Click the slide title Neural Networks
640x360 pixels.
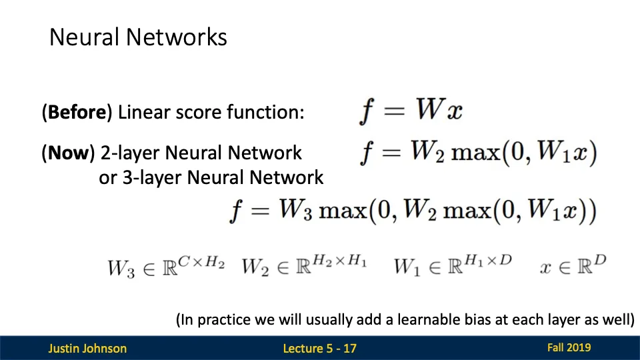(138, 37)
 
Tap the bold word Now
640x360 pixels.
(68, 153)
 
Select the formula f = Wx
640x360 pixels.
(411, 111)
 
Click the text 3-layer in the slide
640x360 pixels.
(152, 178)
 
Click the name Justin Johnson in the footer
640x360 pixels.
(87, 348)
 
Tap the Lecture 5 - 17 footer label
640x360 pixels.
(319, 348)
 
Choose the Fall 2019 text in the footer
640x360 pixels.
(569, 347)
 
